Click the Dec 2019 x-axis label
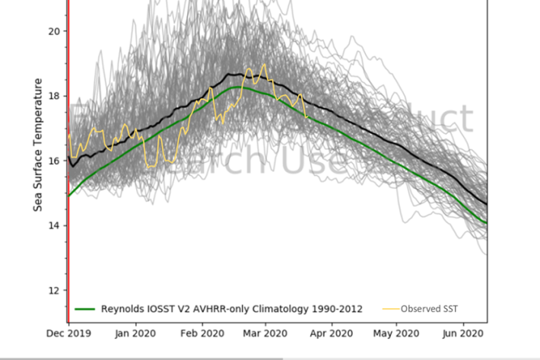click(x=68, y=333)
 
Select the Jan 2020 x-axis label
click(x=135, y=333)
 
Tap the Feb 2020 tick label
click(x=202, y=333)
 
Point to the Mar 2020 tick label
click(x=265, y=333)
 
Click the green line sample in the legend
click(x=84, y=309)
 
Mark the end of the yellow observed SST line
click(x=306, y=117)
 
